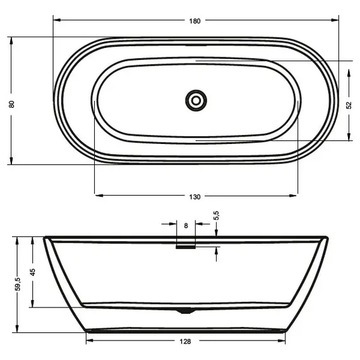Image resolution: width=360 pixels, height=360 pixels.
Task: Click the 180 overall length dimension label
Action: click(195, 21)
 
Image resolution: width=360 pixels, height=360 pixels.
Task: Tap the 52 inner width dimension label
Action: click(348, 105)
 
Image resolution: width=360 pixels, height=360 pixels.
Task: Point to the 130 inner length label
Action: click(195, 197)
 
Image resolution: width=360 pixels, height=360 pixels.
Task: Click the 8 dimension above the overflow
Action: click(186, 225)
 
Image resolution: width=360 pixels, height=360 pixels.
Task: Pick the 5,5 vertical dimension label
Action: click(216, 216)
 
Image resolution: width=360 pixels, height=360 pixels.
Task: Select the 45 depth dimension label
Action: click(32, 273)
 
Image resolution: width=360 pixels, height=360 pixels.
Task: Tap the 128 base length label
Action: click(185, 342)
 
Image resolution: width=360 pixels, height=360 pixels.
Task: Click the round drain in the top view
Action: click(196, 100)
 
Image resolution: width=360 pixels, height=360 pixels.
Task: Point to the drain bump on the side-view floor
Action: click(184, 310)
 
